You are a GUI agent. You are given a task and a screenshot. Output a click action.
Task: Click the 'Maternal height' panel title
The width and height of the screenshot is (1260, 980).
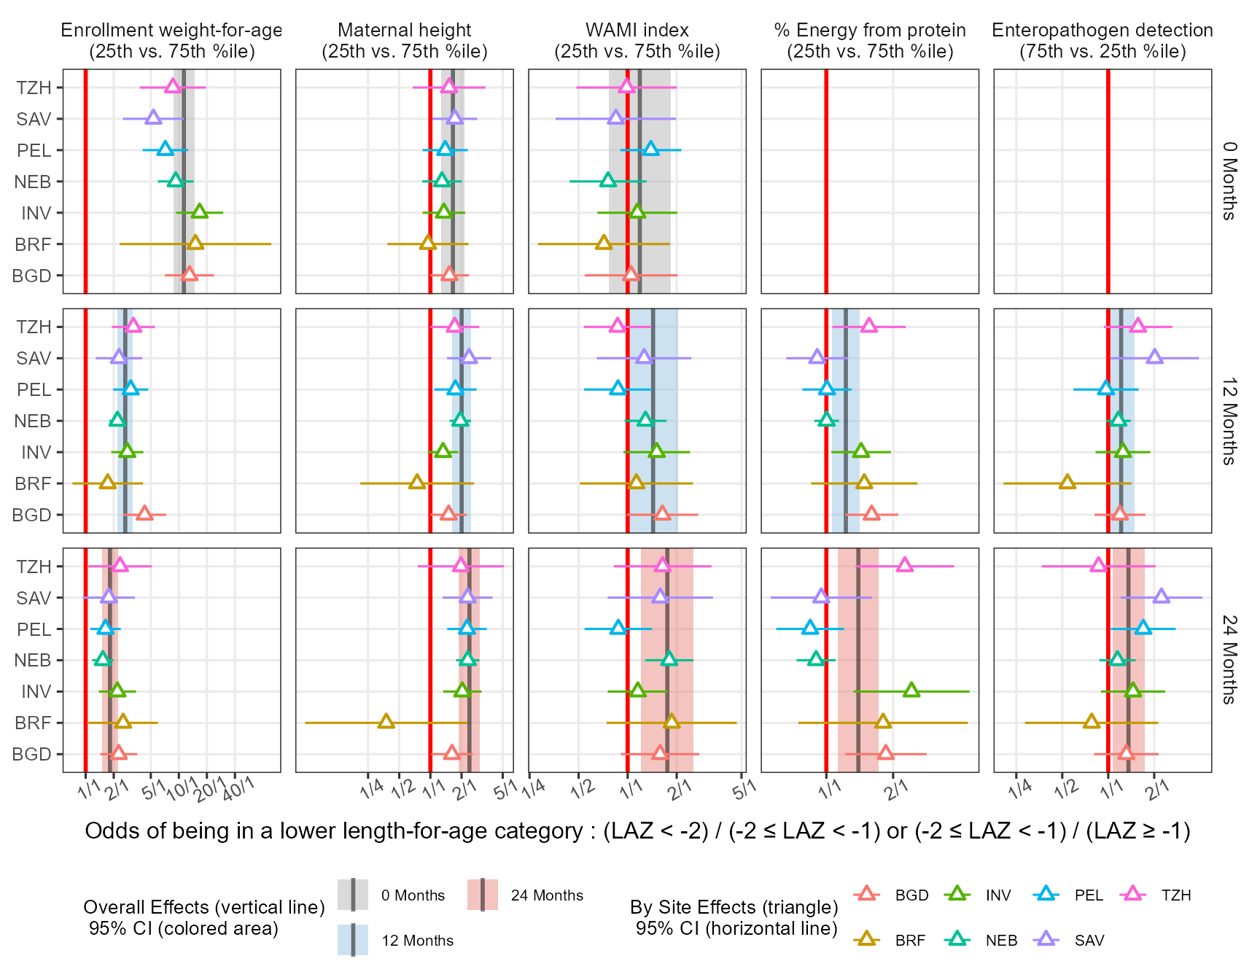click(x=405, y=40)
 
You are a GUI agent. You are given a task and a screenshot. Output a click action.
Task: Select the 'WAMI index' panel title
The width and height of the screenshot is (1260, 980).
click(x=637, y=40)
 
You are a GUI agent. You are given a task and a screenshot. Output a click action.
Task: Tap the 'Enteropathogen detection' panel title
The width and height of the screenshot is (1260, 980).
click(x=1102, y=40)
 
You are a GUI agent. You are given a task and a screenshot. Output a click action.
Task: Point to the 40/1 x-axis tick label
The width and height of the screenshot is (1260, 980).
click(x=238, y=789)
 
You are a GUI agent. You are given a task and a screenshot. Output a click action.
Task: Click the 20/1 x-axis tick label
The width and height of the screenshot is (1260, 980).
click(x=211, y=789)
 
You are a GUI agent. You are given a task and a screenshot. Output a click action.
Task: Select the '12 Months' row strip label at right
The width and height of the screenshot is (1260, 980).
click(x=1229, y=421)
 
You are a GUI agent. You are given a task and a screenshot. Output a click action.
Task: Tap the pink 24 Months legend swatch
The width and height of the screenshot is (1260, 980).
click(x=483, y=895)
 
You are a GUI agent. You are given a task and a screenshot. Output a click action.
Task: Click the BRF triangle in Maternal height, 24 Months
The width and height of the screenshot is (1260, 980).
click(x=386, y=722)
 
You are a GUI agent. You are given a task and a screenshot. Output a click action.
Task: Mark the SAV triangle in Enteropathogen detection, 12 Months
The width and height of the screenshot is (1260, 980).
click(x=1154, y=357)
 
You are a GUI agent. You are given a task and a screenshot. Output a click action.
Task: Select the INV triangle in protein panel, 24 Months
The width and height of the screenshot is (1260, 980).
click(x=911, y=691)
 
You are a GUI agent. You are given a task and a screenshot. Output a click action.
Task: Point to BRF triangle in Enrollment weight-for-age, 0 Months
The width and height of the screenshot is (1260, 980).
click(x=195, y=243)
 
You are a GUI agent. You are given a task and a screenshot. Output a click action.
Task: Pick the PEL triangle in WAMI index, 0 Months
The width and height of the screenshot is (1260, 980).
click(x=650, y=149)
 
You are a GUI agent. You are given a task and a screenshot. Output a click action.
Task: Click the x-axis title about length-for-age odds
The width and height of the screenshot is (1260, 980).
click(x=637, y=831)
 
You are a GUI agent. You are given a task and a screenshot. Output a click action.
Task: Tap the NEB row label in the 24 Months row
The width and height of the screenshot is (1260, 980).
click(x=33, y=661)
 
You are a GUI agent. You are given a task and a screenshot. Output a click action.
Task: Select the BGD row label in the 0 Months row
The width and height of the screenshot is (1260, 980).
click(x=32, y=276)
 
